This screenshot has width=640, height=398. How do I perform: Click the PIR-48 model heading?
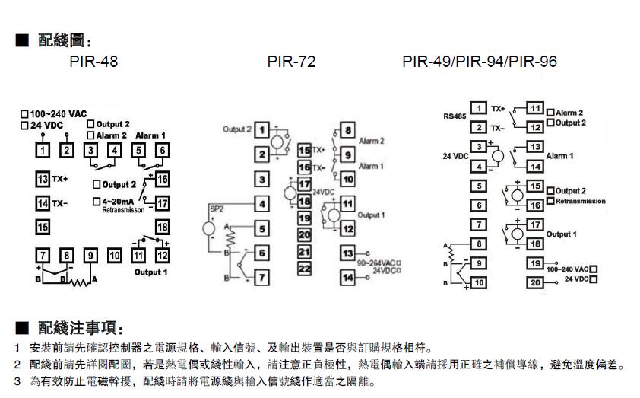point(93,62)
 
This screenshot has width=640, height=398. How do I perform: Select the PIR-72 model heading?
point(291,62)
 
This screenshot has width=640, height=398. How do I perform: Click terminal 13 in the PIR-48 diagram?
point(42,179)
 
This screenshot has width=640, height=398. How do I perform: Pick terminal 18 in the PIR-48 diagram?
point(163,228)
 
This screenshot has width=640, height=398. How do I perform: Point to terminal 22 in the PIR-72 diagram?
point(304,268)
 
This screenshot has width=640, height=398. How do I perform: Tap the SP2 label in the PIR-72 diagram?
point(215,208)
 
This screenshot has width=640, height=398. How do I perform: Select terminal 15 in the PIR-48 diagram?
point(42,227)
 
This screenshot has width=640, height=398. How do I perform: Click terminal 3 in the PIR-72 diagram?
point(261,180)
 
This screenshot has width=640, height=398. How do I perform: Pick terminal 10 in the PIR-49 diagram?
point(478,282)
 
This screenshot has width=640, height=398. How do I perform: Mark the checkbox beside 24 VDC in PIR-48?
point(25,124)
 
